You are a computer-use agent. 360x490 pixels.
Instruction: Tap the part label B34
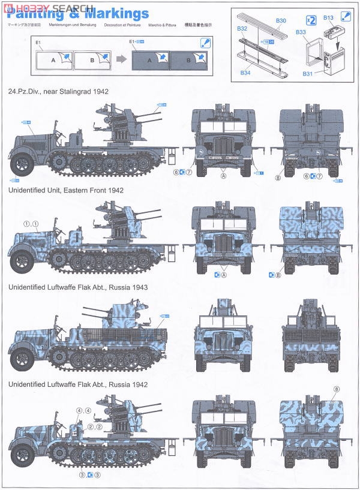(245, 72)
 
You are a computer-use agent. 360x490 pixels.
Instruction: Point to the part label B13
(328, 19)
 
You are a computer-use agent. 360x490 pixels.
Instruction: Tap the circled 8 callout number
(336, 389)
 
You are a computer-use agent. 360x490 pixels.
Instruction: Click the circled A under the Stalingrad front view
(224, 177)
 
